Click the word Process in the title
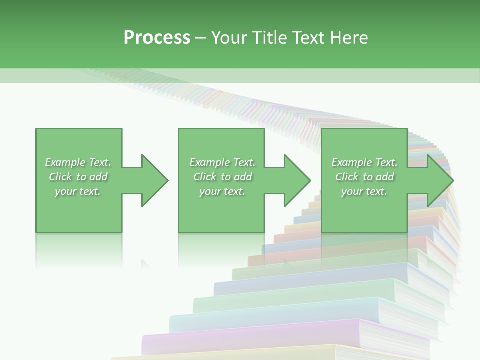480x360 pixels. pos(157,38)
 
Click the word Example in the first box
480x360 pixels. pos(65,162)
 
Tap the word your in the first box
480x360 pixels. pos(65,192)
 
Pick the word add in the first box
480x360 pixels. pos(99,177)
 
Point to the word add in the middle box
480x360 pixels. pos(243,177)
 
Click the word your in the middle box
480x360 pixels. pos(209,192)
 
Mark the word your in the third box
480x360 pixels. pos(351,192)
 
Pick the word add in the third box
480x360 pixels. pos(385,177)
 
